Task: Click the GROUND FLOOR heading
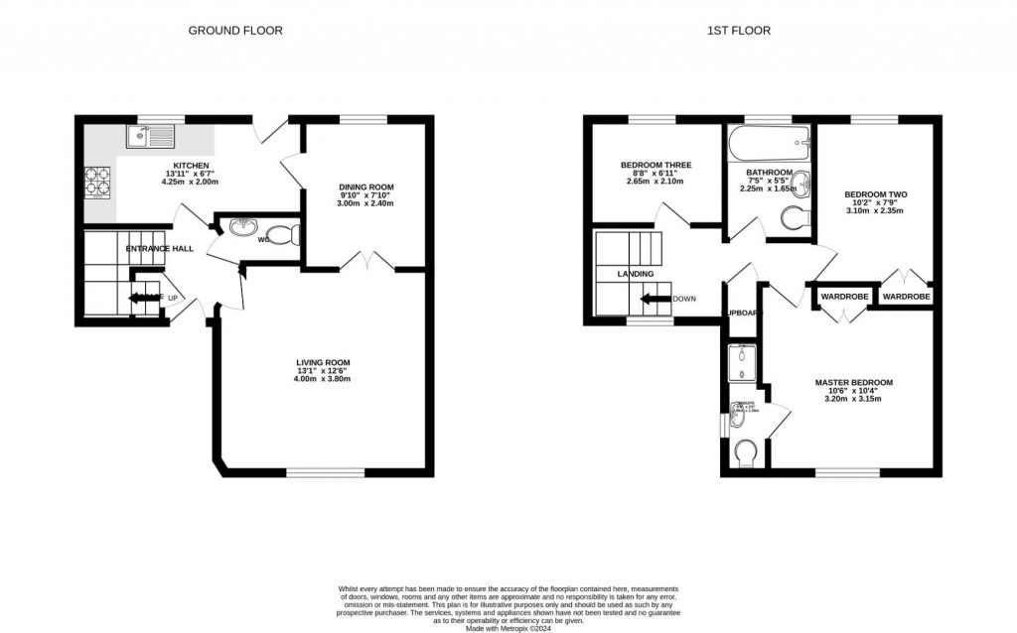point(235,31)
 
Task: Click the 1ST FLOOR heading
point(738,31)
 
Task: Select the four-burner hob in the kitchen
point(98,182)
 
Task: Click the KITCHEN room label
point(192,165)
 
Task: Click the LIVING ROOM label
point(323,362)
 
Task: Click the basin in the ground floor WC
point(243,228)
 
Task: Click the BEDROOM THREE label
point(655,165)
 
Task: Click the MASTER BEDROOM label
point(853,382)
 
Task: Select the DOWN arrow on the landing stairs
point(654,299)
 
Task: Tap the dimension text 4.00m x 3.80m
point(323,379)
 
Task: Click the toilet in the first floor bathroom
point(796,217)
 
